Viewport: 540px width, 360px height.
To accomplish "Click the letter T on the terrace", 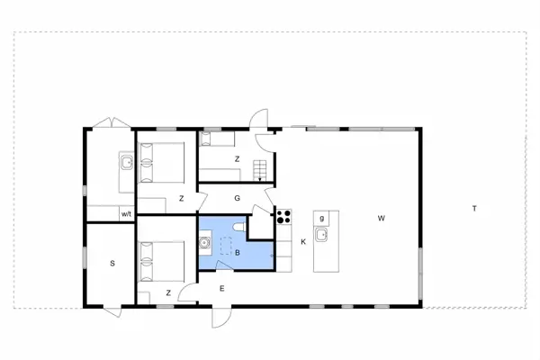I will [x=473, y=209].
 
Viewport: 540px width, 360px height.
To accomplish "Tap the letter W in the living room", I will [x=382, y=218].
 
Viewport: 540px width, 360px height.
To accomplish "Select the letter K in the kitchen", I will [x=303, y=242].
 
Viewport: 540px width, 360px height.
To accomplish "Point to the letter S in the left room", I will [x=112, y=263].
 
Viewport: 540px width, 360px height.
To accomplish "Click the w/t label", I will [x=127, y=214].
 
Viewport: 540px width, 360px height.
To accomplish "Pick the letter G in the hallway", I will [x=238, y=197].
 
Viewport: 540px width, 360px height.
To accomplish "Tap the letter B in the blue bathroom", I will [x=237, y=254].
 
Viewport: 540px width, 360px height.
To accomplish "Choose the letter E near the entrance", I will [x=221, y=288].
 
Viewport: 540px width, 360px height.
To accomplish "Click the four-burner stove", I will [x=283, y=215].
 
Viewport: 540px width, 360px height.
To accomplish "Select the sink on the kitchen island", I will [x=322, y=237].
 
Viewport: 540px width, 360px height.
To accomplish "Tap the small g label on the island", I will [x=321, y=218].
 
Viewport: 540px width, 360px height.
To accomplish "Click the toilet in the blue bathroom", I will [x=236, y=228].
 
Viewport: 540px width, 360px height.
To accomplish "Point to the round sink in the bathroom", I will [x=206, y=241].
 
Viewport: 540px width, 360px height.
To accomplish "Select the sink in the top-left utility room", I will [x=126, y=163].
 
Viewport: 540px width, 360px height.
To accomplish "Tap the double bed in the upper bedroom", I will [x=162, y=162].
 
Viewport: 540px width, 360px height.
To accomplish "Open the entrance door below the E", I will [x=221, y=317].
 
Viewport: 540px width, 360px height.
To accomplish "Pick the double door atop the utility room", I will [x=110, y=123].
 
